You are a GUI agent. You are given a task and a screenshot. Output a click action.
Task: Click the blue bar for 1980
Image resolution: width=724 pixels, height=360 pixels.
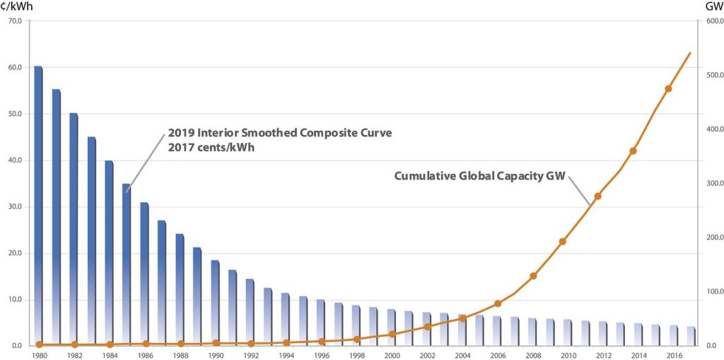coord(38,205)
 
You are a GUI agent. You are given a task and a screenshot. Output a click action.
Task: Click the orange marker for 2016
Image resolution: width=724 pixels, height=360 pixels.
coord(668,88)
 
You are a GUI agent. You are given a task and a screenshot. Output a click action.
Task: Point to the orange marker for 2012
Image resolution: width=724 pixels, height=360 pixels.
coord(597,196)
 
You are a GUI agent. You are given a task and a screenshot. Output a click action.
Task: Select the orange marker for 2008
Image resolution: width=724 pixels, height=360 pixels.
coord(533,276)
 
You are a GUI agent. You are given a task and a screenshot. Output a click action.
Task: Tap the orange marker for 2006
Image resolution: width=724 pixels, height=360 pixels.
coord(498,303)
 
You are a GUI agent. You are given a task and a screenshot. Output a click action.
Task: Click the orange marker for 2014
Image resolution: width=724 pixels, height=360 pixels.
coord(633,151)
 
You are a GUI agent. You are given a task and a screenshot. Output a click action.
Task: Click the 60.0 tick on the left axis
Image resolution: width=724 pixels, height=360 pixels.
coord(15,67)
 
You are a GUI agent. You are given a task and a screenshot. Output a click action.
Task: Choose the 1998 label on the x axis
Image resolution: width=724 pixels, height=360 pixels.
coord(356,355)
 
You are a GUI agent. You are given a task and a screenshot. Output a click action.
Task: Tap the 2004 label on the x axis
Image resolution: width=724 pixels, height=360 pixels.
coord(462,355)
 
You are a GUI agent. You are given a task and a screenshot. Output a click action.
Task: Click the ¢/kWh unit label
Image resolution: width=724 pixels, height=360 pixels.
coord(15,6)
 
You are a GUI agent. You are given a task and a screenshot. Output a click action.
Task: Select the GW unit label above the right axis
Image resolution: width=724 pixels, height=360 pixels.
coord(713,6)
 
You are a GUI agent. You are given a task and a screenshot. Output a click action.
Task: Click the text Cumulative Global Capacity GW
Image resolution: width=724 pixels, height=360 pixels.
coord(479,176)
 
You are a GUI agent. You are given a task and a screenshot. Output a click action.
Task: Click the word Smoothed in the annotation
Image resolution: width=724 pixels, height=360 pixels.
coord(269,132)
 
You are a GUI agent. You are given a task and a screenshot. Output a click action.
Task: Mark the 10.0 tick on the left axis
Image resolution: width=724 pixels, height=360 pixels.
coord(15,299)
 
